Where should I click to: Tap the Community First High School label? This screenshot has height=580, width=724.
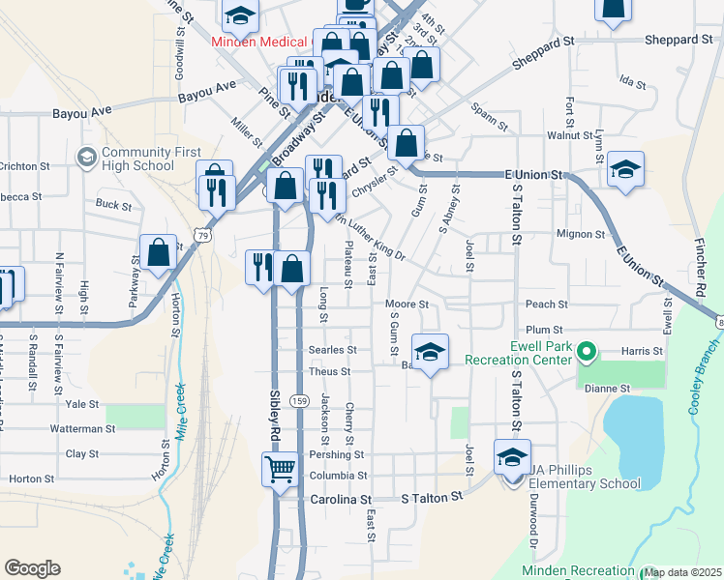point(138,159)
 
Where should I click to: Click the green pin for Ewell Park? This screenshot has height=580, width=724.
point(585,353)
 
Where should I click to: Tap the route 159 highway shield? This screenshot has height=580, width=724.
point(300,399)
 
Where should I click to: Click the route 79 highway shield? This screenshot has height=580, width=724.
point(200,234)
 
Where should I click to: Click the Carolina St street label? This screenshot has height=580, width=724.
point(341,500)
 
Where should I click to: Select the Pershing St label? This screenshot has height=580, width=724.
point(337,454)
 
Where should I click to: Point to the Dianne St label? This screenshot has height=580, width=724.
point(607,389)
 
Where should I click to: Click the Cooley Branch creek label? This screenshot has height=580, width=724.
point(705,377)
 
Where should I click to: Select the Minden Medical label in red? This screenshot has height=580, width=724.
point(259,43)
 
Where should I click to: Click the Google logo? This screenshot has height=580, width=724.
point(32,568)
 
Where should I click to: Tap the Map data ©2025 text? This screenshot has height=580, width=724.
point(682,572)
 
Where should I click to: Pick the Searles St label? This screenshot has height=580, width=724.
point(332,350)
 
